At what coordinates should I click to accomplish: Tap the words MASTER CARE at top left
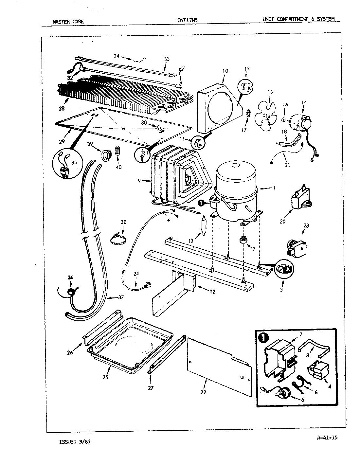pyautogui.click(x=68, y=22)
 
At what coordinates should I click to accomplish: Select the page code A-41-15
pyautogui.click(x=327, y=437)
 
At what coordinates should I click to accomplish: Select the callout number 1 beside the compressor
pyautogui.click(x=274, y=188)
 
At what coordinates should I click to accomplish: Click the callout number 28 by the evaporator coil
pyautogui.click(x=62, y=108)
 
